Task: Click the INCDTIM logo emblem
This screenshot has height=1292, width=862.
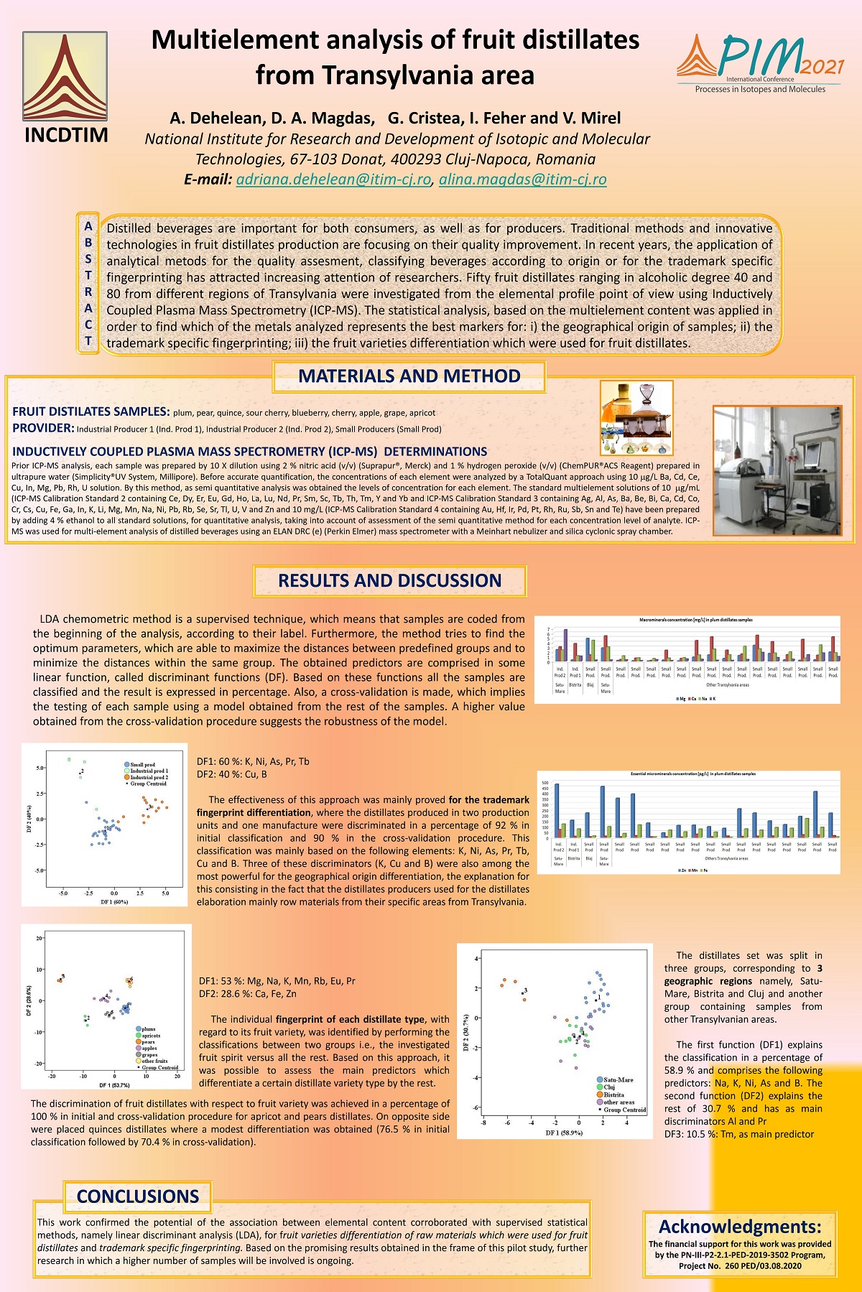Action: coord(65,76)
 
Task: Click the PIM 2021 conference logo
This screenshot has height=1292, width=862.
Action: coord(759,63)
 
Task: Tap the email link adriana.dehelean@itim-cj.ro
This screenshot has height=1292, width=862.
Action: coord(333,180)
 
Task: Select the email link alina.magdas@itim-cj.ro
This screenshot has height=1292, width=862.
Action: coord(522,180)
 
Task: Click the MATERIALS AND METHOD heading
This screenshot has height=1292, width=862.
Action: coord(409,376)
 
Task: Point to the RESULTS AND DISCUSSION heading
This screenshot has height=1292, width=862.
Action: coord(389,580)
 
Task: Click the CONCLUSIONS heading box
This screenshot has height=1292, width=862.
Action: coord(137,1196)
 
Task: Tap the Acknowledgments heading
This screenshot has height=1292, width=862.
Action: coord(739,1226)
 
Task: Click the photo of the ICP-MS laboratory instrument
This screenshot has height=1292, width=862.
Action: coord(777,470)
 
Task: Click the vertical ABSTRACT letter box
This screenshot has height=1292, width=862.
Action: coord(88,284)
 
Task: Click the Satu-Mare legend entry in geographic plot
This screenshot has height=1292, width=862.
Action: coord(618,1079)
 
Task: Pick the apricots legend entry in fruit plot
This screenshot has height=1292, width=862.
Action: coord(150,1036)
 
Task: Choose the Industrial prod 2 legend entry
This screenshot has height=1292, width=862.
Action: coord(148,777)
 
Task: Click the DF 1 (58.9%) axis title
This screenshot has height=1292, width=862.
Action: coord(564,1133)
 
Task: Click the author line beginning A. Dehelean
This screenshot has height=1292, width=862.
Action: coord(395,118)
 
